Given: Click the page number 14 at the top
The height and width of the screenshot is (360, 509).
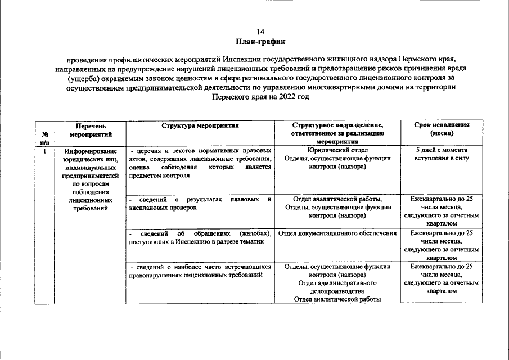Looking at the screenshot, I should coord(260,31).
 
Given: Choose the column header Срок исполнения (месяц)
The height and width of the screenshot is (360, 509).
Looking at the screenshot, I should coord(442,129).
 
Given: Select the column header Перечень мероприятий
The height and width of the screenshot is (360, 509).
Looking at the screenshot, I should coord(91,129).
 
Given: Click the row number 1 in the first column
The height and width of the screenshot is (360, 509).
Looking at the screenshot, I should coord(44,151).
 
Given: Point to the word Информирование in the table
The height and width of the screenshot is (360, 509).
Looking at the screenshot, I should coord(91,151).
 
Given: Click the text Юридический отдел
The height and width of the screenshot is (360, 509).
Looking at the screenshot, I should coord(337,150).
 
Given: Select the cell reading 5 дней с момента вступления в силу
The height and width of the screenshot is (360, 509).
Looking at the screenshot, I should coord(442,154).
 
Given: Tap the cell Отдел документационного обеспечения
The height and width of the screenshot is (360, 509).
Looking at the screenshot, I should coord(337,233).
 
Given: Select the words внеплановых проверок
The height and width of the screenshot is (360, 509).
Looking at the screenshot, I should coord(163,208).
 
